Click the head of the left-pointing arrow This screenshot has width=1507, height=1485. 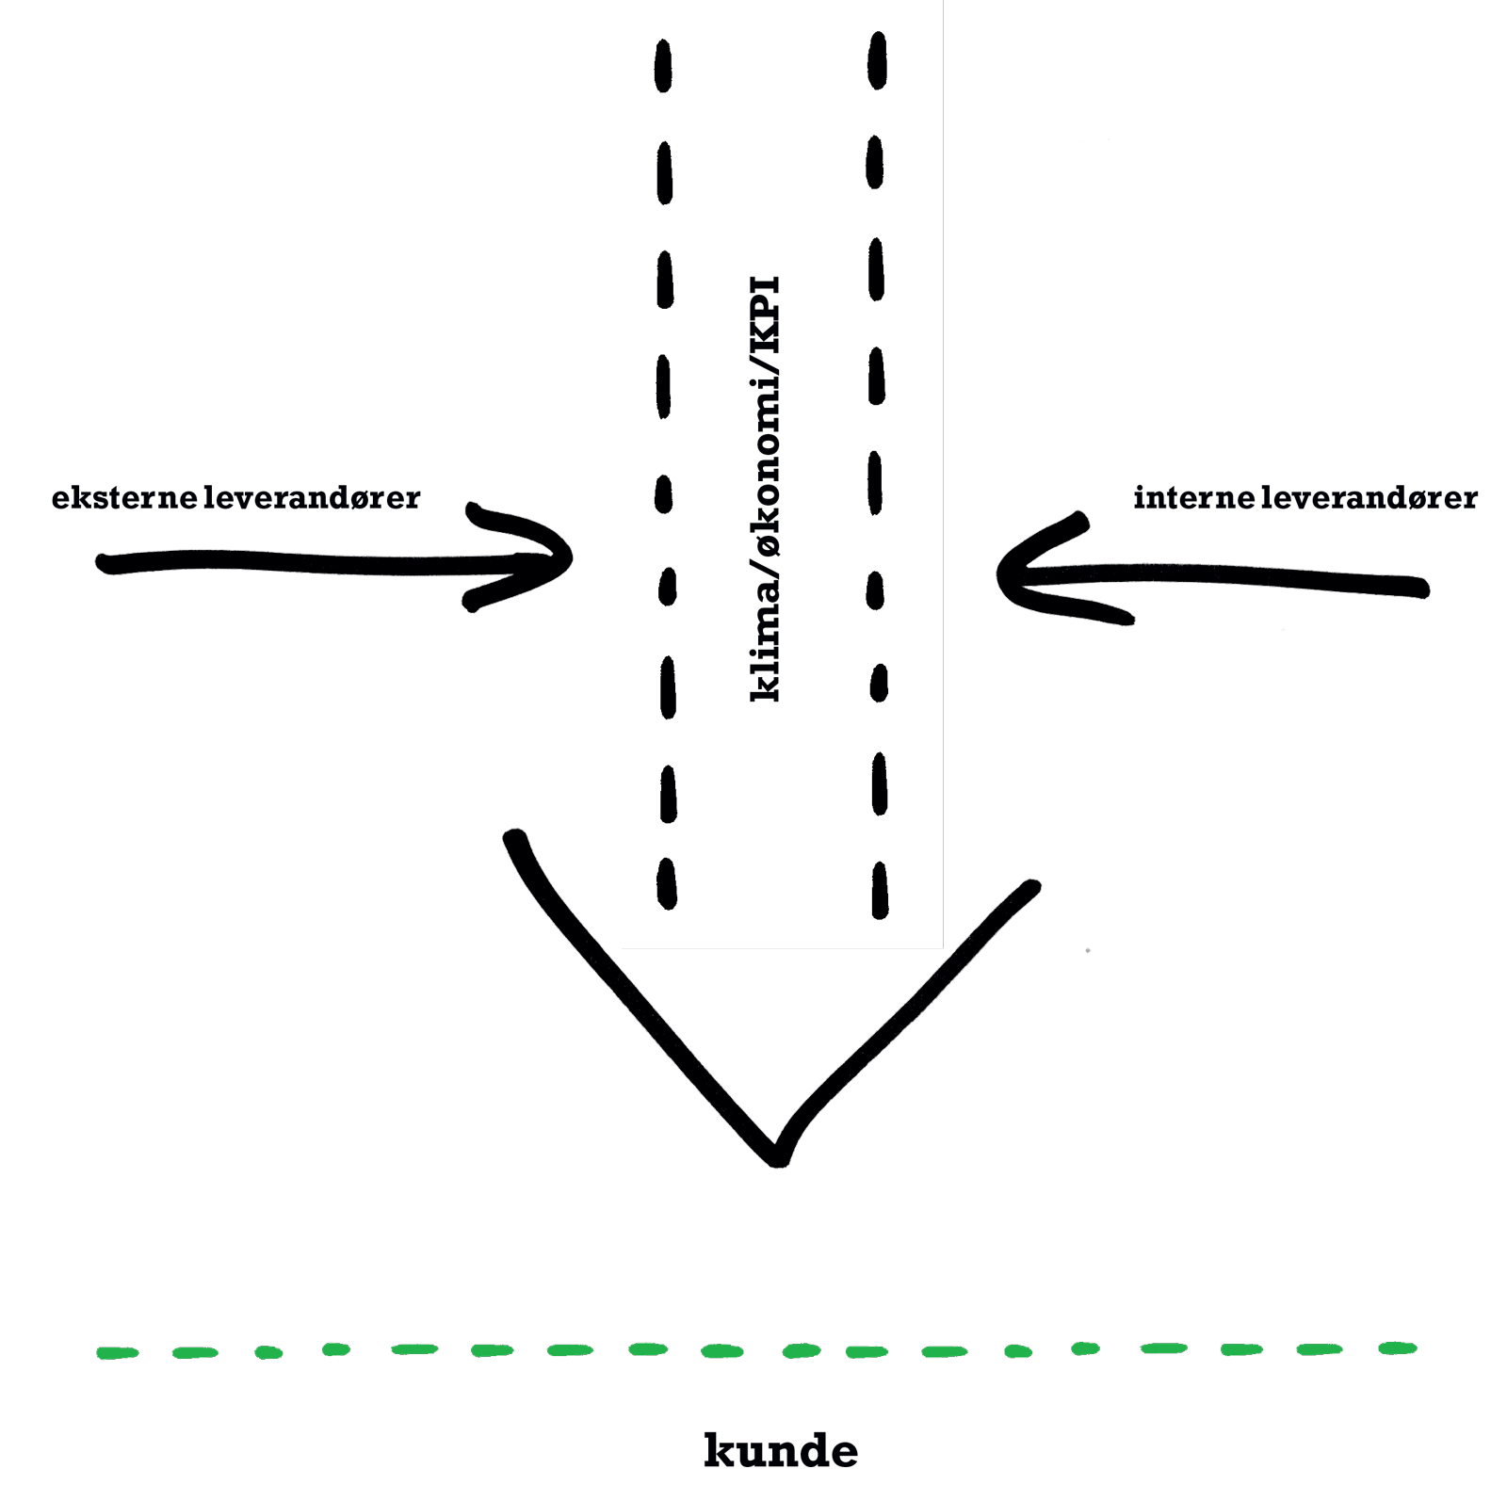[1001, 574]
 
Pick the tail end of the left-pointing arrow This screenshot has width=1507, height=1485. [1424, 589]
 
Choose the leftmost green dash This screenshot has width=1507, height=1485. [118, 1353]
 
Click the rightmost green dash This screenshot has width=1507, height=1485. [1397, 1348]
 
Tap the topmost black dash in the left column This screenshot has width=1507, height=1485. [663, 65]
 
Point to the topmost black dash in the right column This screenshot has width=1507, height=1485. [878, 60]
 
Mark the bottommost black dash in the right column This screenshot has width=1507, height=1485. [880, 889]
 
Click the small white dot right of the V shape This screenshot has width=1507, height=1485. [1088, 951]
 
